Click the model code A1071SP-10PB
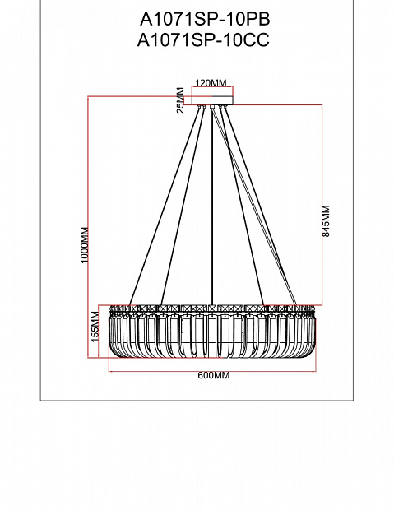click(x=205, y=20)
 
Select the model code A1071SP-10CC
click(x=203, y=40)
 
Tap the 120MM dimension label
click(x=211, y=83)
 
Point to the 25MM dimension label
click(x=181, y=100)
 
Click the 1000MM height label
click(x=85, y=244)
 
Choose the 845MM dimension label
click(x=326, y=221)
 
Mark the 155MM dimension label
click(x=95, y=327)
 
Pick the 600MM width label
click(x=214, y=375)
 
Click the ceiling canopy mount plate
click(x=212, y=100)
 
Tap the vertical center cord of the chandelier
click(x=212, y=206)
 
